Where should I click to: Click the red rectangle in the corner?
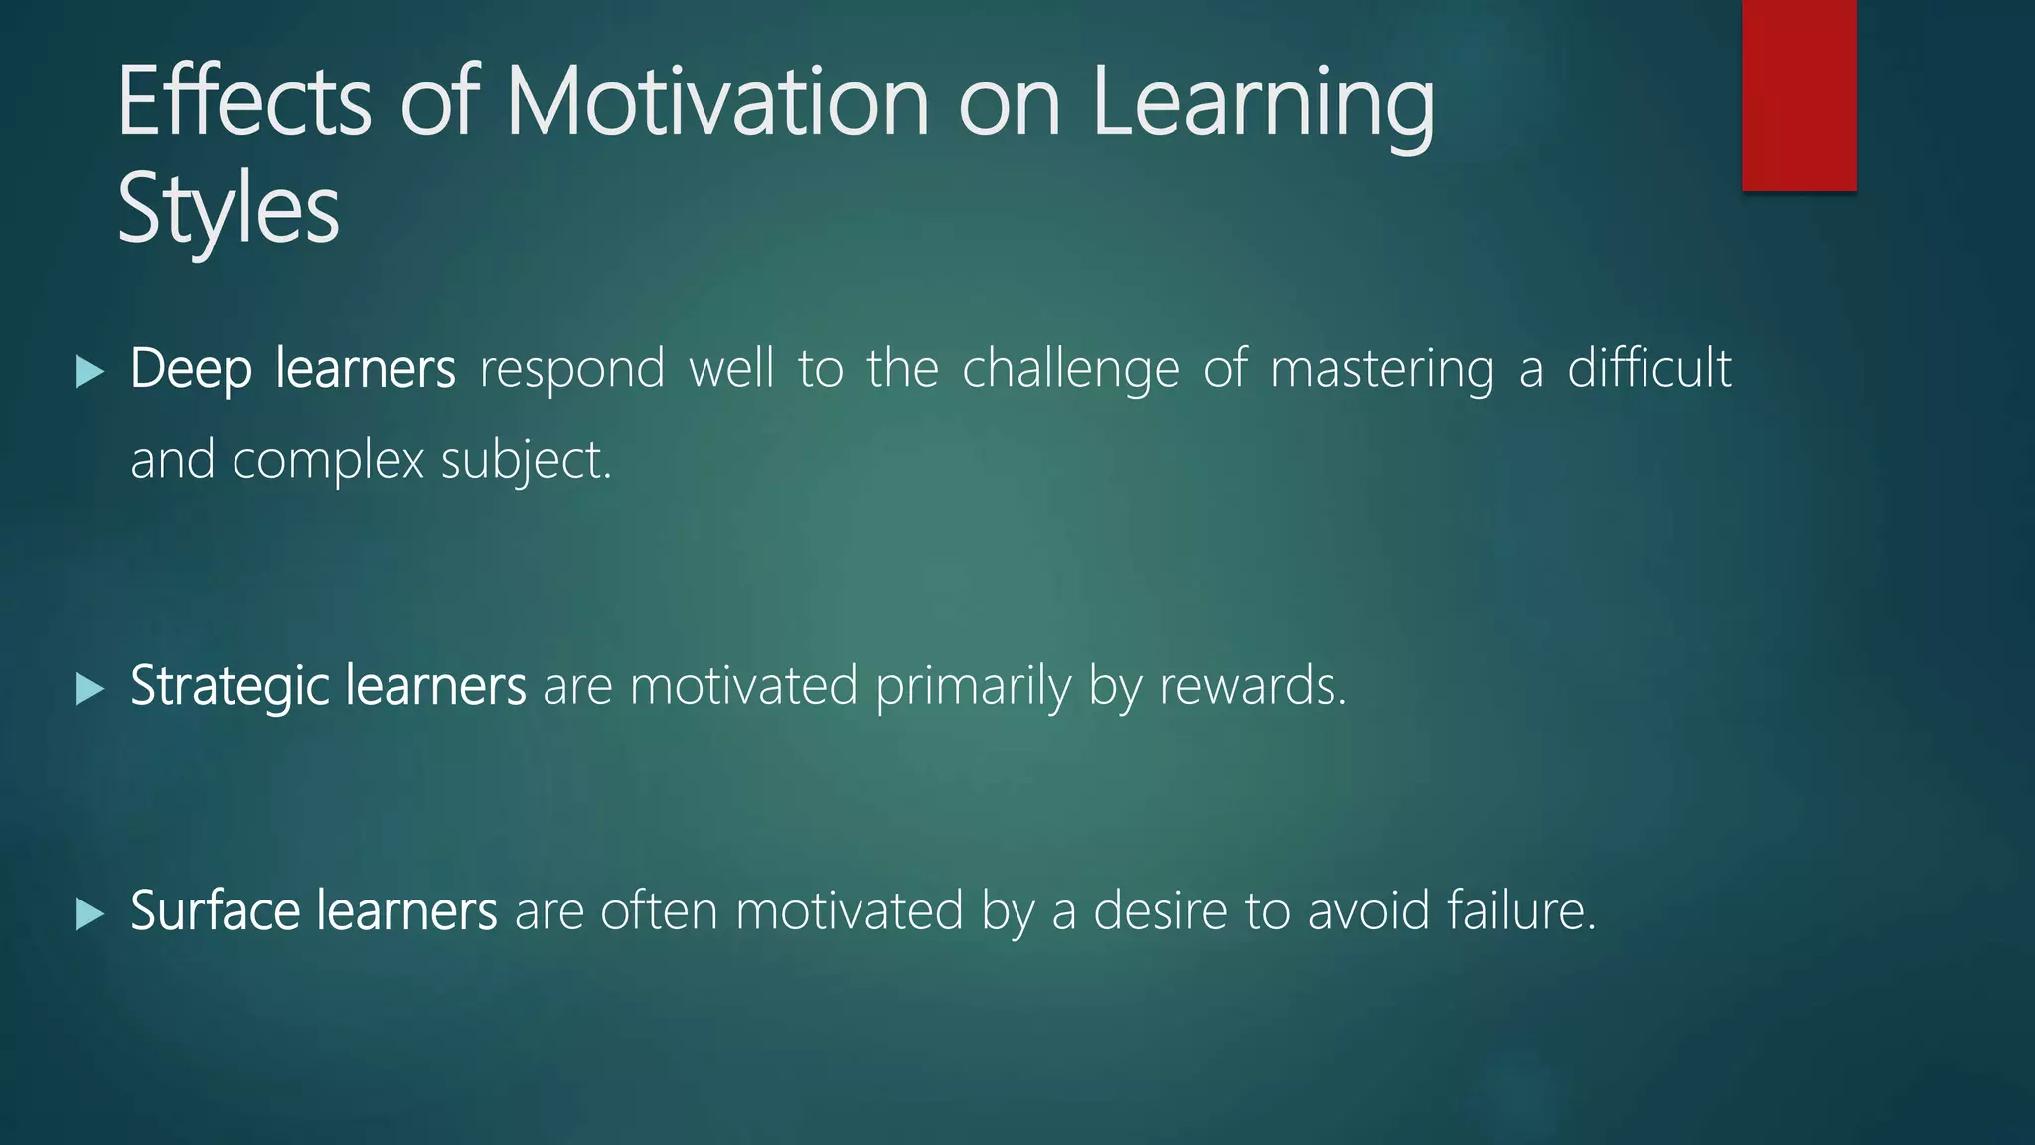point(1799,95)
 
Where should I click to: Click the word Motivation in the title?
point(717,101)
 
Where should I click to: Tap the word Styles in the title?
point(229,209)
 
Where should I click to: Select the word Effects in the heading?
point(244,101)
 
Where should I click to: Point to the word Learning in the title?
point(1262,103)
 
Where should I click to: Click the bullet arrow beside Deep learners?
point(89,372)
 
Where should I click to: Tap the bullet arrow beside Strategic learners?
point(89,688)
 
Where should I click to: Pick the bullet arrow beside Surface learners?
point(89,913)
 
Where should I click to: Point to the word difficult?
point(1649,368)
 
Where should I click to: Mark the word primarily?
point(973,687)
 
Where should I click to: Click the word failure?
point(1520,910)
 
